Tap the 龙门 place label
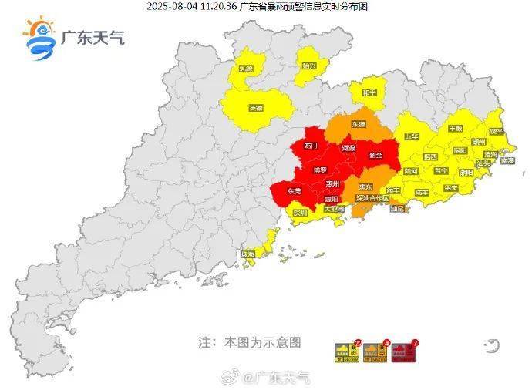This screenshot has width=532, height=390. [x=311, y=145]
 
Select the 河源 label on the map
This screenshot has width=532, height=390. [x=348, y=147]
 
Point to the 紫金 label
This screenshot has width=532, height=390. [x=376, y=155]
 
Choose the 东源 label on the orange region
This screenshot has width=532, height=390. [x=359, y=123]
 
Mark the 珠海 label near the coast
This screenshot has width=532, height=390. [x=248, y=254]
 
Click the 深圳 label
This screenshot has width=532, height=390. [x=299, y=212]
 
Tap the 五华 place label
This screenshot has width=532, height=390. [x=411, y=136]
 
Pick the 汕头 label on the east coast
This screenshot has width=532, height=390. [x=483, y=163]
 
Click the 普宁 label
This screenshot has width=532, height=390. [x=441, y=170]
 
